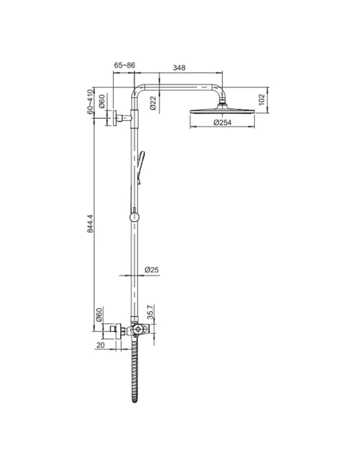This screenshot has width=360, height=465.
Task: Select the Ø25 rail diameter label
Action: coord(152,270)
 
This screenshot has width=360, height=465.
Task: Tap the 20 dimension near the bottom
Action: coord(100,346)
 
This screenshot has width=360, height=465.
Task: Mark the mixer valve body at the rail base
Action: coord(137,330)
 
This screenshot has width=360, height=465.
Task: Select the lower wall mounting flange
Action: coord(118,330)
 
